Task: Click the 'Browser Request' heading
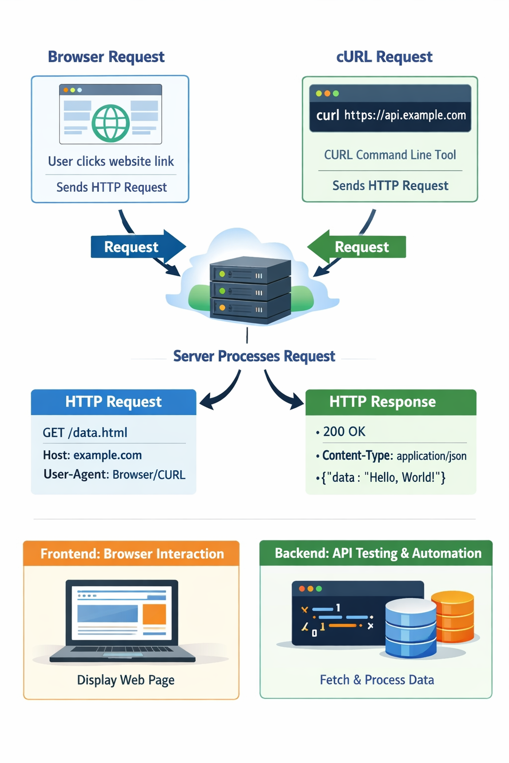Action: click(106, 57)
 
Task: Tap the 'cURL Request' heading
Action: click(384, 57)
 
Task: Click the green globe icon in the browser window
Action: click(110, 123)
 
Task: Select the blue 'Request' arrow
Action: click(138, 246)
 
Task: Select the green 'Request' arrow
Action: click(356, 246)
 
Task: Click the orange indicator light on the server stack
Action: click(222, 307)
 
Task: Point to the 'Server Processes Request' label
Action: click(254, 356)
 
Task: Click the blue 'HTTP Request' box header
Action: click(113, 402)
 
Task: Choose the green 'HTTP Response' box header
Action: click(391, 402)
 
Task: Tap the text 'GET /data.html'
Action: click(85, 433)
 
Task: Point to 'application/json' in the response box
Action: click(431, 456)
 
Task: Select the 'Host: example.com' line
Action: click(92, 455)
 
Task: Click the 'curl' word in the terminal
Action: click(328, 115)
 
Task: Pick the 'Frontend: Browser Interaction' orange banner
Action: click(131, 553)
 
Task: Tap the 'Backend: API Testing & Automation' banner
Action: click(376, 553)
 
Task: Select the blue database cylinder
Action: click(411, 628)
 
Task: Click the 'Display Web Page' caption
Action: click(126, 680)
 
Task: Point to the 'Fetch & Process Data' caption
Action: click(377, 680)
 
